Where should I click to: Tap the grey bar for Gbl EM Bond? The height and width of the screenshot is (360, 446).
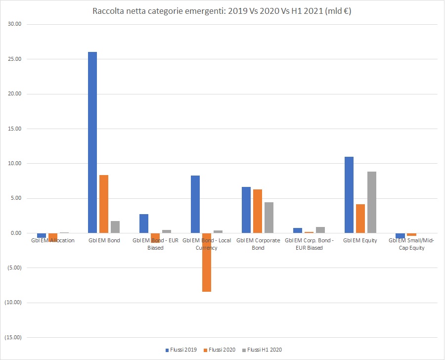click(115, 227)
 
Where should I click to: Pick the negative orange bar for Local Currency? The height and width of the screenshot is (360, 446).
click(206, 263)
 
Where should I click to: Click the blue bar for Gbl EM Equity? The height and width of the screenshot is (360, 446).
click(349, 195)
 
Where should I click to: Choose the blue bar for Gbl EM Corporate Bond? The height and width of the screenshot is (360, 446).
click(246, 210)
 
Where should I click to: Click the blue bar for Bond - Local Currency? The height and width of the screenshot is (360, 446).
click(195, 204)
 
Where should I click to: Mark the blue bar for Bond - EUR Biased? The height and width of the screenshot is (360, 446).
click(144, 224)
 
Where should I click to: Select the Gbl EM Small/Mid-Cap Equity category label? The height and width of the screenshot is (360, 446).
click(412, 244)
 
